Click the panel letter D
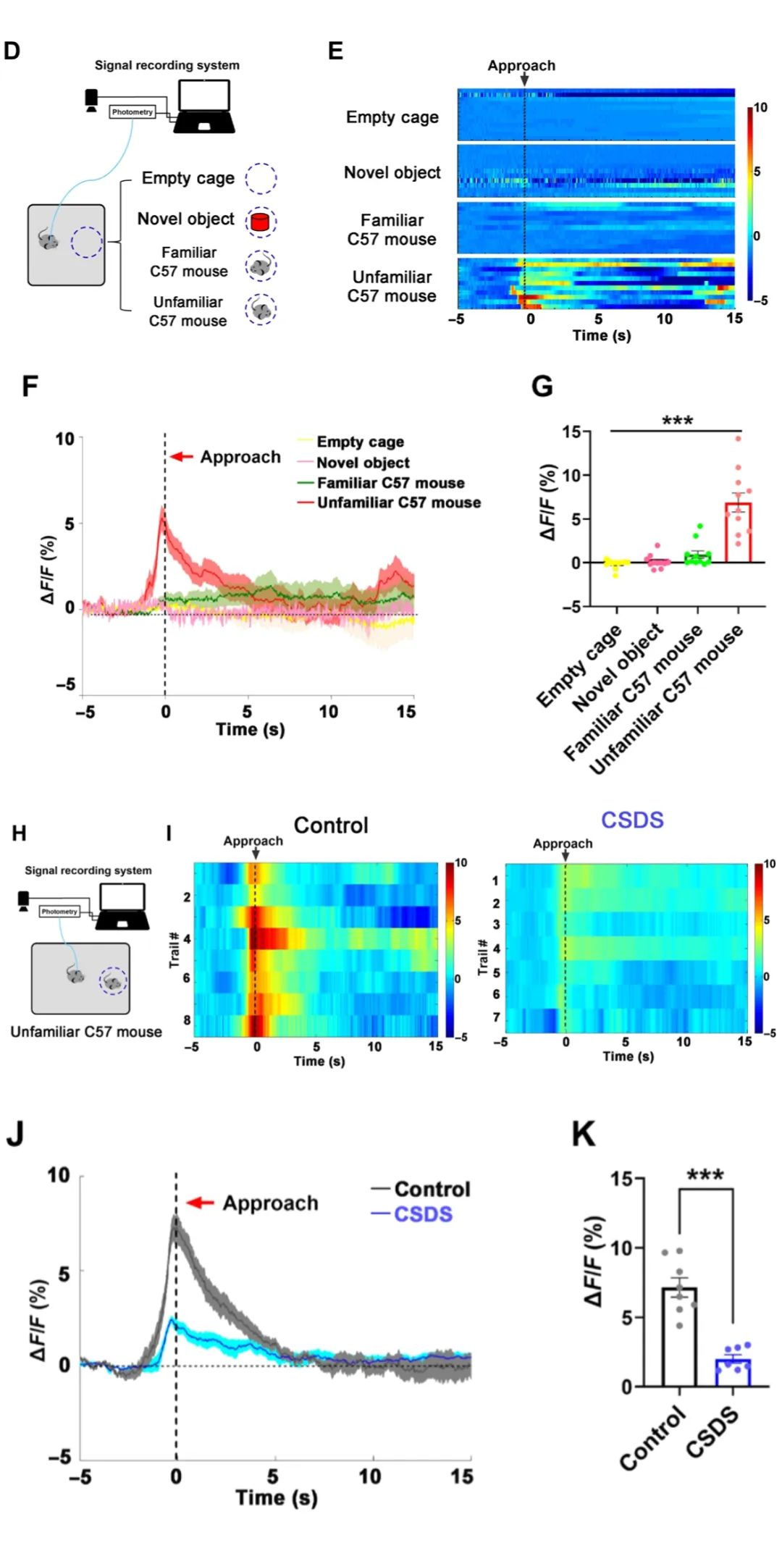point(12,51)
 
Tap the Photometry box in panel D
point(132,112)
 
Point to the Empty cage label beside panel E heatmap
point(392,117)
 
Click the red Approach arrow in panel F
point(182,457)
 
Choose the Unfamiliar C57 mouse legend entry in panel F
point(398,503)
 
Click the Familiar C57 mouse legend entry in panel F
point(390,483)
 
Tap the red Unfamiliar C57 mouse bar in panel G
point(738,533)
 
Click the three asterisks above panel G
point(677,421)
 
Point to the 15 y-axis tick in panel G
point(571,432)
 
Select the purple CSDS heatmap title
point(632,820)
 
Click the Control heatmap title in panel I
point(331,825)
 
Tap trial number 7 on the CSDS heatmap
point(496,1017)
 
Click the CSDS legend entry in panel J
point(422,1214)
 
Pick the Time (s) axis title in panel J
point(276,1497)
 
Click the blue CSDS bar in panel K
point(733,1373)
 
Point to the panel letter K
point(584,1134)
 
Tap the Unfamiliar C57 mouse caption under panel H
point(86,1032)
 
